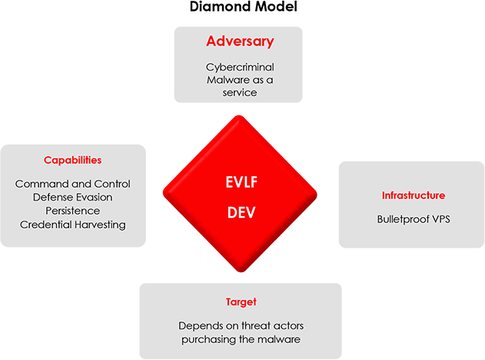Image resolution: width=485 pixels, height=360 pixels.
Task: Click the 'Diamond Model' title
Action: point(244,6)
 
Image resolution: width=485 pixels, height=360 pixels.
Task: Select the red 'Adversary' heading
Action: point(240,42)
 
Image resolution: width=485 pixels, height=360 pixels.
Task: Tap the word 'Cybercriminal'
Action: point(240,67)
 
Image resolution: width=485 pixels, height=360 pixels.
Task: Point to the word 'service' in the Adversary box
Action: point(240,92)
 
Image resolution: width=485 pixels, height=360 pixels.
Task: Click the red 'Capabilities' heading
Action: point(73,160)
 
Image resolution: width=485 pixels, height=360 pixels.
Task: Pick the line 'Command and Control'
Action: point(73,184)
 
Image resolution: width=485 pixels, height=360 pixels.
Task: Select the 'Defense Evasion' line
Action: point(73,197)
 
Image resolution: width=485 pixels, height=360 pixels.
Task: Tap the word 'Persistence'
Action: point(73,211)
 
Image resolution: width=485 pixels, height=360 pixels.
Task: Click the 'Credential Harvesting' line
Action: point(73,225)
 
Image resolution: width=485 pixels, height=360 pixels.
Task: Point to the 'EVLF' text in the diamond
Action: point(241,182)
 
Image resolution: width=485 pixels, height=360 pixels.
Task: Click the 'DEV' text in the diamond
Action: point(241,212)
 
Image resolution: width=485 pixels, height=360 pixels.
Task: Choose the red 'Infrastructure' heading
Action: point(414,195)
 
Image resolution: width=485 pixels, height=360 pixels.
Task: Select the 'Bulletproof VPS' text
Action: point(414,219)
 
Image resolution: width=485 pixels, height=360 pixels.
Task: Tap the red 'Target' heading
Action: point(241,302)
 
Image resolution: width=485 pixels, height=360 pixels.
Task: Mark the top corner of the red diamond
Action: point(239,116)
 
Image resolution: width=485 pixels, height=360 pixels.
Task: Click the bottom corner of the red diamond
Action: point(241,272)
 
